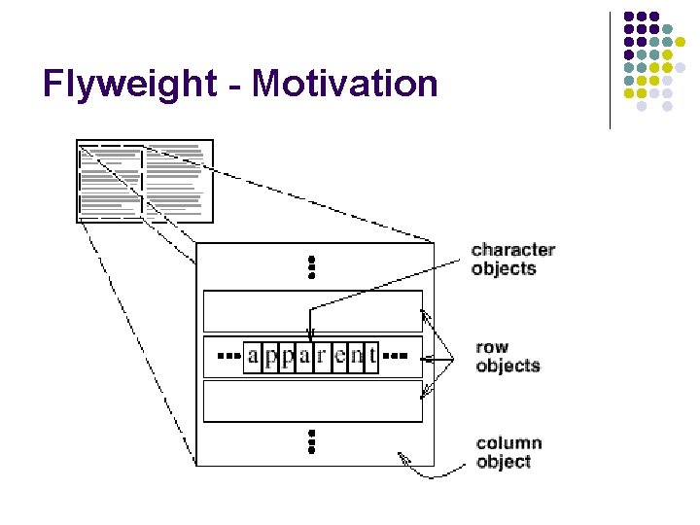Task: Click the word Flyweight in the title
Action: coord(130,85)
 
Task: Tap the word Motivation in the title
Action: coord(345,84)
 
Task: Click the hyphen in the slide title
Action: coord(235,86)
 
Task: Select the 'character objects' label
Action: coord(512,259)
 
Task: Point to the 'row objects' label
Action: coord(507,356)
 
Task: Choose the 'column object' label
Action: coord(508,452)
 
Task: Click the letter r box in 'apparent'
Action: coord(322,356)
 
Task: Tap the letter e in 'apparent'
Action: coord(339,356)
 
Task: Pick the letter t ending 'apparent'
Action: coord(371,356)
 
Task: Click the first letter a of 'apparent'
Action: coord(253,356)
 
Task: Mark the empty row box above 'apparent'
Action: coord(312,311)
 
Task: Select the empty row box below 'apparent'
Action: coord(312,401)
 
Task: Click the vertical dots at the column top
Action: coord(312,267)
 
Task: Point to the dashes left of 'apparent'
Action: coord(227,356)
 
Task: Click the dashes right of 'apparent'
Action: coord(397,356)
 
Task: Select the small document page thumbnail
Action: coord(144,181)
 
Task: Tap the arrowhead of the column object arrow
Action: coord(402,456)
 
